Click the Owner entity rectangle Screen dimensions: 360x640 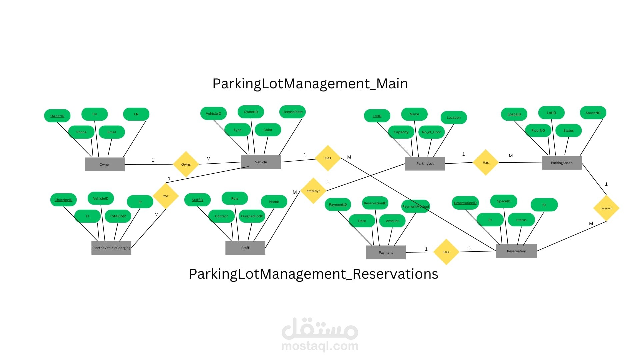(x=105, y=164)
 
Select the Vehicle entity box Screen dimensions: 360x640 (x=261, y=162)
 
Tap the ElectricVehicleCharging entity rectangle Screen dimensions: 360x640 (x=111, y=248)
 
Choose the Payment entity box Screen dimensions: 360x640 (x=386, y=252)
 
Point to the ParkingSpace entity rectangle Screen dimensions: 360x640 (x=561, y=163)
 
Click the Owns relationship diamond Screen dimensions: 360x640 (x=186, y=164)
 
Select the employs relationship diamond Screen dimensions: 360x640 (x=313, y=191)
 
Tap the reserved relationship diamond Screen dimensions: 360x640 (x=606, y=208)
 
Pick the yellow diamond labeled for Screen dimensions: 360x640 (x=166, y=196)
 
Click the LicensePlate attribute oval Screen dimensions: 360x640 (x=292, y=112)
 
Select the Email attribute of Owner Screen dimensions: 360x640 (x=112, y=132)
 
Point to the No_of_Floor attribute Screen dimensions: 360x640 (x=431, y=132)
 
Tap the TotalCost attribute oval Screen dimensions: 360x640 (x=118, y=216)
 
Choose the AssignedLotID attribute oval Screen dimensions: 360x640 (x=252, y=216)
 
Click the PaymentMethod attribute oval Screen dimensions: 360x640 (x=415, y=206)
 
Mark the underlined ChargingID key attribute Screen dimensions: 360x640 (x=63, y=200)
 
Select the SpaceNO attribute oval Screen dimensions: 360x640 (x=593, y=113)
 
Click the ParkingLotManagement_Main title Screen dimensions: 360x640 (x=310, y=83)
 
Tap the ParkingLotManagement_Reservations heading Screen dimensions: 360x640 (x=313, y=274)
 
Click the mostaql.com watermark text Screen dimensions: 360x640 (x=320, y=346)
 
